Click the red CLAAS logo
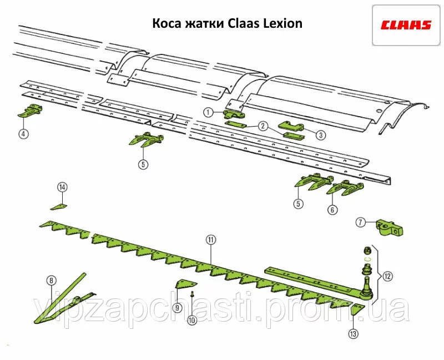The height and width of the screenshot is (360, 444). (x=406, y=24)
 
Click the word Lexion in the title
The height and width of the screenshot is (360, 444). (x=282, y=24)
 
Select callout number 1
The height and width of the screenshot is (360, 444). (x=208, y=112)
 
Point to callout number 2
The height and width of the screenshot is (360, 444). (x=263, y=126)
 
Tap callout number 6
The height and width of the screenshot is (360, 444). (x=332, y=210)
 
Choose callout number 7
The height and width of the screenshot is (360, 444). (x=360, y=222)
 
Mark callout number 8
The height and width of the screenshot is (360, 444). (x=52, y=280)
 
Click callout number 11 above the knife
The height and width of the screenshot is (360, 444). (x=210, y=240)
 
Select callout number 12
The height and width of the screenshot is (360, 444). (x=387, y=275)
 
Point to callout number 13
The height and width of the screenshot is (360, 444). (x=354, y=333)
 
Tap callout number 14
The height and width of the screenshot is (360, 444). (x=63, y=187)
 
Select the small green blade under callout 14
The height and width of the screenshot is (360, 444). (x=59, y=207)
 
